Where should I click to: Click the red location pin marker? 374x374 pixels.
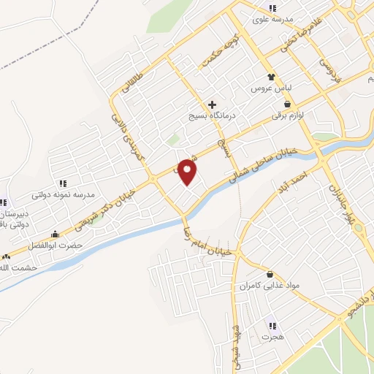click(188, 171)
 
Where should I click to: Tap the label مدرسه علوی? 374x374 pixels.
click(272, 19)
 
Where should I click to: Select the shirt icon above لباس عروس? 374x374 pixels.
click(271, 75)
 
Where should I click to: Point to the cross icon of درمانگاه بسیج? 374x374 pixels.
click(212, 105)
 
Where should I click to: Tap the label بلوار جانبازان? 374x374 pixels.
click(342, 202)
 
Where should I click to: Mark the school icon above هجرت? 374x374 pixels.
click(272, 326)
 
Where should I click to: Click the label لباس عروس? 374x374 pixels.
click(267, 88)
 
